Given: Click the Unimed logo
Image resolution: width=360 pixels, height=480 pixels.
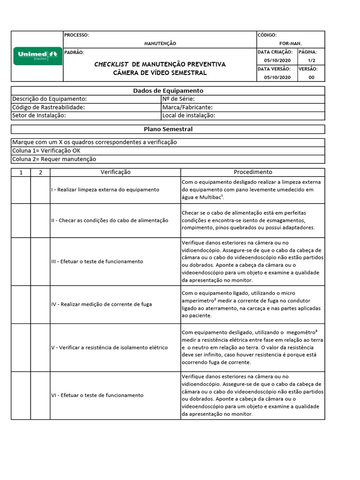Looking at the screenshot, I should [x=37, y=56].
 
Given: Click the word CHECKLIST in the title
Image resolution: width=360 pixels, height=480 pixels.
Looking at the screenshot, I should [x=112, y=64].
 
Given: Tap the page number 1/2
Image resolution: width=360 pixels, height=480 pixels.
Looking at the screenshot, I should [x=311, y=60].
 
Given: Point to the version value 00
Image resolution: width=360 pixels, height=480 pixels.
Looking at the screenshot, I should [x=311, y=77].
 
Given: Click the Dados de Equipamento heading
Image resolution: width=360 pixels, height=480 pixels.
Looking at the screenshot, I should [x=168, y=91].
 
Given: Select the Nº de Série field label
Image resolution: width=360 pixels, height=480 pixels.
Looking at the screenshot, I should [x=178, y=99].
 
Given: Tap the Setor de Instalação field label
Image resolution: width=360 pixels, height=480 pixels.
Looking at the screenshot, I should [x=39, y=115].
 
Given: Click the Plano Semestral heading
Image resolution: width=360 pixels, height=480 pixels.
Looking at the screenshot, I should [x=168, y=129].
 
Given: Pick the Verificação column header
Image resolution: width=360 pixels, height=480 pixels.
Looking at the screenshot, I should [x=115, y=172].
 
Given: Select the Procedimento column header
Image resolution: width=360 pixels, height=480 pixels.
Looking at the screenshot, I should [x=253, y=172].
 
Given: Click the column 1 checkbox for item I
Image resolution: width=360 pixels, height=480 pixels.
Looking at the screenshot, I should [x=21, y=190].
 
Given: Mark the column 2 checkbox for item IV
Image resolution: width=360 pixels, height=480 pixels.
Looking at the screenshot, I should [x=40, y=304].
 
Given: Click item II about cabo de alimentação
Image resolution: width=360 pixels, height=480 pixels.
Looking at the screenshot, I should [x=110, y=220].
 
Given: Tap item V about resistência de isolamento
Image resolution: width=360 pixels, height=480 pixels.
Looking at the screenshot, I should [x=109, y=348].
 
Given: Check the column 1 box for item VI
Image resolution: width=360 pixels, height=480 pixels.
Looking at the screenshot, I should [x=21, y=396].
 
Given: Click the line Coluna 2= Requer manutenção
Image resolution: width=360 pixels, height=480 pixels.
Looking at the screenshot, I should [x=54, y=159].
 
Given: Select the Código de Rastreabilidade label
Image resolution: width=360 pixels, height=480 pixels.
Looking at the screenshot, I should [x=48, y=107].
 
